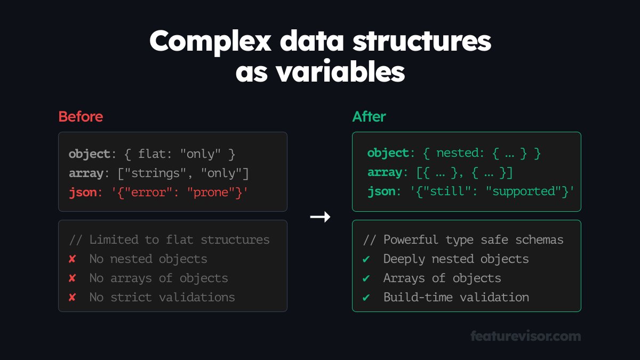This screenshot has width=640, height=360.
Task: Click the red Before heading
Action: (x=81, y=117)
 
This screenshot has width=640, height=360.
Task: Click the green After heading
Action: (x=369, y=117)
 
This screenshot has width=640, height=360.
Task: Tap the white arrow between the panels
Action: (x=320, y=217)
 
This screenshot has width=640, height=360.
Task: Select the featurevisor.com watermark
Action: (x=525, y=337)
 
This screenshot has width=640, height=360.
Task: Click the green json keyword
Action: (x=381, y=191)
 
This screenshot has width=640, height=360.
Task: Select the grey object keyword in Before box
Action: (x=89, y=154)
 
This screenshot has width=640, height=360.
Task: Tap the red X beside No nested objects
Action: (x=72, y=259)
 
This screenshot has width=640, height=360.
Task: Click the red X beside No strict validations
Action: (x=72, y=298)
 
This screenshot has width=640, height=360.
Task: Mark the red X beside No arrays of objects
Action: (x=72, y=278)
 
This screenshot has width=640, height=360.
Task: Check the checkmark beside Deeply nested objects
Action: (x=366, y=259)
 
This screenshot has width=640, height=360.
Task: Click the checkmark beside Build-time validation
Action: (x=366, y=298)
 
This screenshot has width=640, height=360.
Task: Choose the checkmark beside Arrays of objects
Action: (x=366, y=278)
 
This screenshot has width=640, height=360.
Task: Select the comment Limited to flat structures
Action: (x=169, y=240)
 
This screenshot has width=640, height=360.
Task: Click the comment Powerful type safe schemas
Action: (x=463, y=240)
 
